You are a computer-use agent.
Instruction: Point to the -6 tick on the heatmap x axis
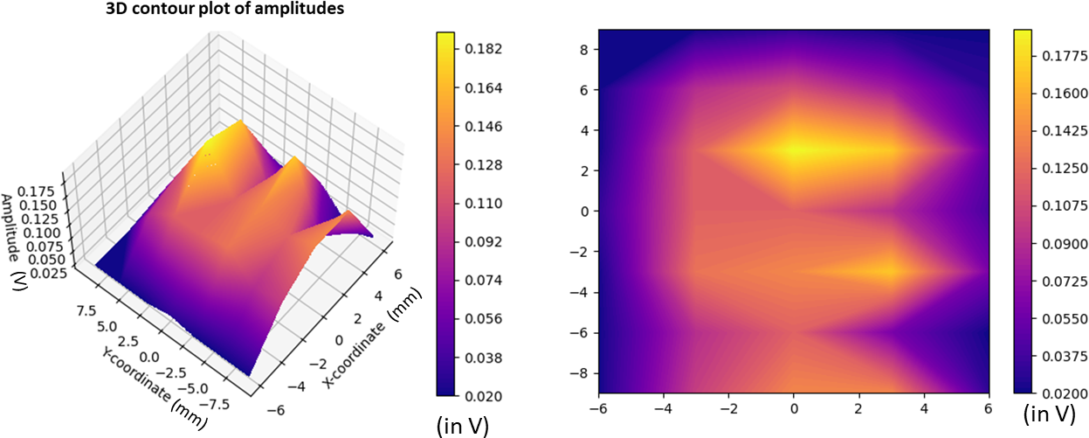(x=596, y=408)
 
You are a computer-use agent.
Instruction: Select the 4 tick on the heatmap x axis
(x=924, y=408)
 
